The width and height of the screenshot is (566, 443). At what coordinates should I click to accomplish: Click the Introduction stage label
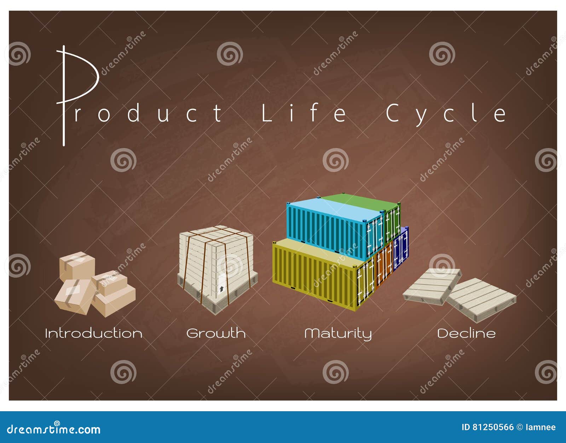94,333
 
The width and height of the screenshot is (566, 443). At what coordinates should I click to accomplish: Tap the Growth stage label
216,333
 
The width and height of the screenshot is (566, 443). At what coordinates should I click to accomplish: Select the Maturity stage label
338,334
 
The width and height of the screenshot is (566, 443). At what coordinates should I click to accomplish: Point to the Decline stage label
466,333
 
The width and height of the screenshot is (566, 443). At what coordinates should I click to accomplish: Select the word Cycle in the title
446,114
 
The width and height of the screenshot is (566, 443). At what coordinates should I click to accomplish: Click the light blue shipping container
336,229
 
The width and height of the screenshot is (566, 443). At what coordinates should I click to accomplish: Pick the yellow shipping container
323,273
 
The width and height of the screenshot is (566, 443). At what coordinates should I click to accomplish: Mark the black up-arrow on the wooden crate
222,289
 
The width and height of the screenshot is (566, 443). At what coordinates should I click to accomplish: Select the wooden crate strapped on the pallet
218,269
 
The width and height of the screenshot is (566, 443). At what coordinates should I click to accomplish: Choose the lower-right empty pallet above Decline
482,300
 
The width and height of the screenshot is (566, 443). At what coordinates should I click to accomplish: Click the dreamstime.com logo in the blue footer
53,429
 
